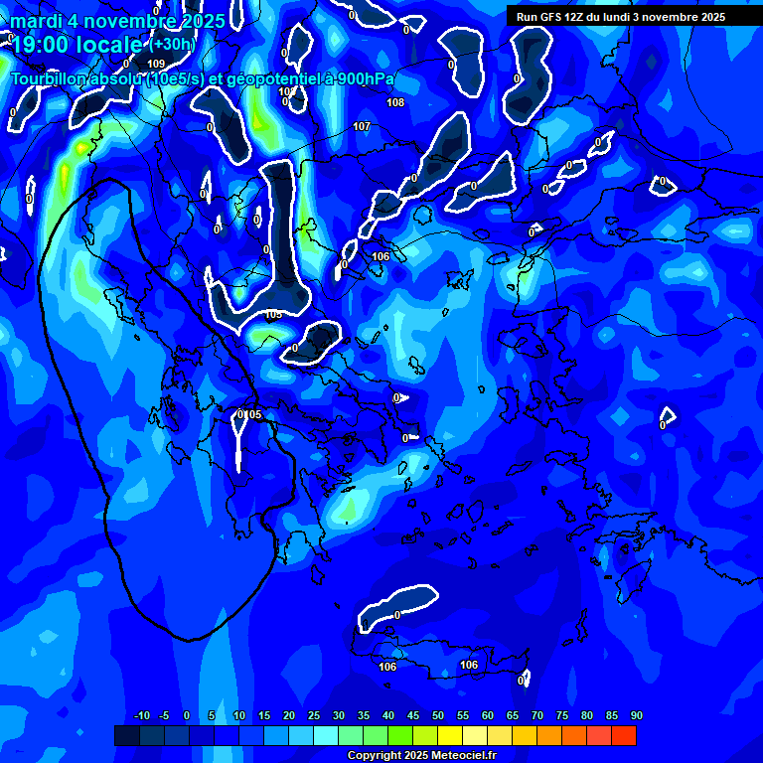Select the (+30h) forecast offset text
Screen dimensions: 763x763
coord(172,44)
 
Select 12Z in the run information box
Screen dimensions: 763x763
coord(574,17)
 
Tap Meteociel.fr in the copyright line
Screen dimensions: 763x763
coord(462,756)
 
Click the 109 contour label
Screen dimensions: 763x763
coord(156,64)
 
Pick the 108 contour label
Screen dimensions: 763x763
coord(395,102)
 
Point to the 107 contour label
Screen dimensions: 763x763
coord(362,126)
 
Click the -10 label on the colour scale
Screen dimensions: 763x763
coord(141,715)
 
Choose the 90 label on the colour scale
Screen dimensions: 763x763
coord(636,715)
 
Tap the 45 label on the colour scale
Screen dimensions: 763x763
coord(412,715)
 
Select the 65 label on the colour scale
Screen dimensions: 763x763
coord(512,715)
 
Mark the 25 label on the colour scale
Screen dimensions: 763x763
coord(313,715)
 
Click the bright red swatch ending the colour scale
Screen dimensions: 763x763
coord(623,735)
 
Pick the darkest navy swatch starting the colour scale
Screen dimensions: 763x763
coord(126,735)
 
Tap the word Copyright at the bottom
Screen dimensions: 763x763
coord(373,756)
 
